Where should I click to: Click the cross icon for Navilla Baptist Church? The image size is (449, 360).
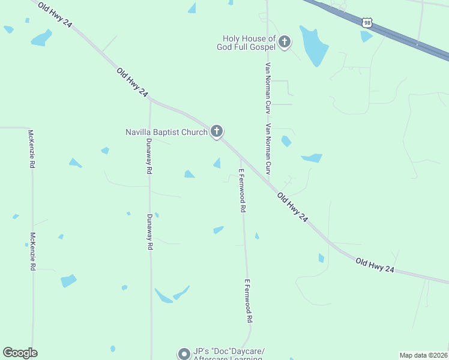tap(217, 131)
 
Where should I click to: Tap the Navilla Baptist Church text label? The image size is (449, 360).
tap(166, 132)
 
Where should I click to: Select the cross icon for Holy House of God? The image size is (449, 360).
tap(285, 42)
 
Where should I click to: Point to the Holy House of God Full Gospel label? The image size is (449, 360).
tap(246, 43)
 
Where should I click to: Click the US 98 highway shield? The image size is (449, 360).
tap(368, 22)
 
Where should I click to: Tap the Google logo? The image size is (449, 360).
tap(20, 353)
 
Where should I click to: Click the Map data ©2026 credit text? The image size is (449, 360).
tap(423, 355)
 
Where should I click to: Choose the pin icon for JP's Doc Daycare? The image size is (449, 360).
tap(184, 354)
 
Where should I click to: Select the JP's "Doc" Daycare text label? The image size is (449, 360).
tap(228, 351)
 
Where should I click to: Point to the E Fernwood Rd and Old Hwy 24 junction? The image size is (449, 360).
tap(241, 159)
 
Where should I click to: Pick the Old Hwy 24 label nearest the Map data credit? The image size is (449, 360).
tap(375, 266)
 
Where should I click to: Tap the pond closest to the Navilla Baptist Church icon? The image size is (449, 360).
tap(217, 163)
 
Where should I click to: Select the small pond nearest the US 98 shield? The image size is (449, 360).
tap(366, 37)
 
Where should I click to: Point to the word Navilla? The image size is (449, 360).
tap(139, 132)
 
